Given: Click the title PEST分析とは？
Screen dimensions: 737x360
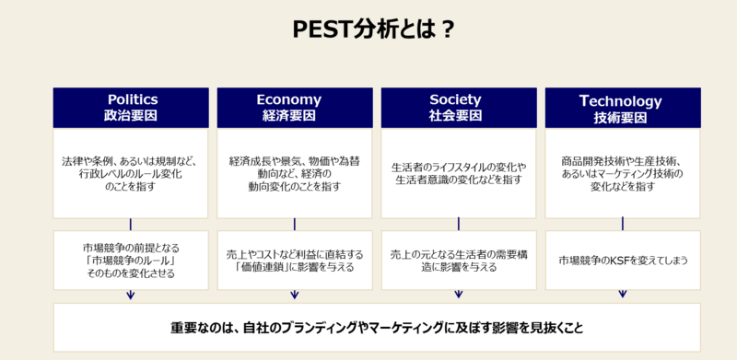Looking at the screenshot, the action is [373, 30].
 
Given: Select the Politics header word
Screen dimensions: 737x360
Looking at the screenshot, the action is [133, 99].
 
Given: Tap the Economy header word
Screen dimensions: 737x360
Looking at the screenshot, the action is [289, 100].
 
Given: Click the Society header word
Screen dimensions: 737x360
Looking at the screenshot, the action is [455, 99].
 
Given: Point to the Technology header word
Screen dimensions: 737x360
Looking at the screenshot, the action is [620, 100].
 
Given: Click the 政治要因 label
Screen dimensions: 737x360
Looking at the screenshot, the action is [130, 116].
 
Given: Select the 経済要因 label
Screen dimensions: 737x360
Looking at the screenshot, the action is [289, 116].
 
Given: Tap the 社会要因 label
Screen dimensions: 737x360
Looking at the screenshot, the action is [455, 116].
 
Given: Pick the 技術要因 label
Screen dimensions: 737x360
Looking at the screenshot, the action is [620, 117].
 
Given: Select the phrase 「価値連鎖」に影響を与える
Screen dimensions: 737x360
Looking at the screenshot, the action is [294, 267].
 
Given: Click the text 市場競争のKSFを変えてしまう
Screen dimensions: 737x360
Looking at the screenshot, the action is [624, 260].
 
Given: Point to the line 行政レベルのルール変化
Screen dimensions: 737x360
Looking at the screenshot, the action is [130, 174].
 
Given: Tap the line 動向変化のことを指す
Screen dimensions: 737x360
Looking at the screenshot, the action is [294, 186].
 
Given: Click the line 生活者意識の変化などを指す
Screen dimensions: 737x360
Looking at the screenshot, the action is [458, 180].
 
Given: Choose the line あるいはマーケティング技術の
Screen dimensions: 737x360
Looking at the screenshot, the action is [622, 174].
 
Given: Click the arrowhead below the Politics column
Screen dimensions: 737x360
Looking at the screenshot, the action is [131, 296].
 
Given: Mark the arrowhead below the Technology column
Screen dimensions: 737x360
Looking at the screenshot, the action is [623, 295].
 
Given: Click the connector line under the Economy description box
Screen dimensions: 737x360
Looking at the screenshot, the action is [295, 224].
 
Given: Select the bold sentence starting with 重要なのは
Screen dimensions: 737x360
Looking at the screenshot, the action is [377, 328].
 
